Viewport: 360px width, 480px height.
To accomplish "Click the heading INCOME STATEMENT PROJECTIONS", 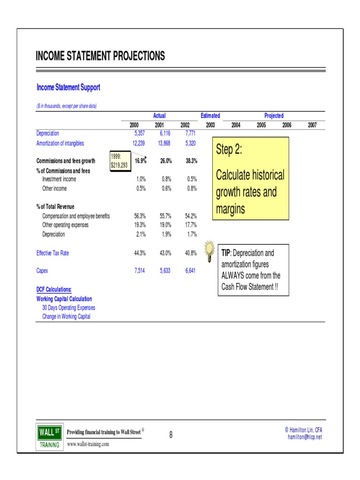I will [x=100, y=57].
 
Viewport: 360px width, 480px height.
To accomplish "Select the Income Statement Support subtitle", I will [x=68, y=87].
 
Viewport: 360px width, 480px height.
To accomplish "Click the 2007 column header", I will [x=312, y=125].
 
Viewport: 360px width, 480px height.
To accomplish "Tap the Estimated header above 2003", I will [x=210, y=116].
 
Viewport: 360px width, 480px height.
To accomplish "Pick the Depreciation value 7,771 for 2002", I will [x=191, y=134].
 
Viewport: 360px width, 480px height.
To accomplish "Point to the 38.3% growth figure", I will [x=191, y=161].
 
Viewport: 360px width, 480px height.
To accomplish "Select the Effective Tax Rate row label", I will [x=52, y=253].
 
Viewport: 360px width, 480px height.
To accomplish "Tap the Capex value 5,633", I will [x=165, y=270].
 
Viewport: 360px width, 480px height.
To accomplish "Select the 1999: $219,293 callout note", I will [x=119, y=161].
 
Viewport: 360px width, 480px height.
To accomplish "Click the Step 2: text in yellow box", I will [x=229, y=150].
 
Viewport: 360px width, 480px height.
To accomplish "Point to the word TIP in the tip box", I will [x=225, y=253].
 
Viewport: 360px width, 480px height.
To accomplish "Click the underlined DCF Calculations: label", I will [x=54, y=289].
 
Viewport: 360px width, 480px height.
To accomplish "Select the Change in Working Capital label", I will [x=66, y=316].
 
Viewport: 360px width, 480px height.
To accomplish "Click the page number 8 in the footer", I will [x=171, y=435].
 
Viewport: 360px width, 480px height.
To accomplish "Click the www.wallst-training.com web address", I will [x=88, y=443].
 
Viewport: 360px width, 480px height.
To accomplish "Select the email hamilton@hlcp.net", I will [x=305, y=437].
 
